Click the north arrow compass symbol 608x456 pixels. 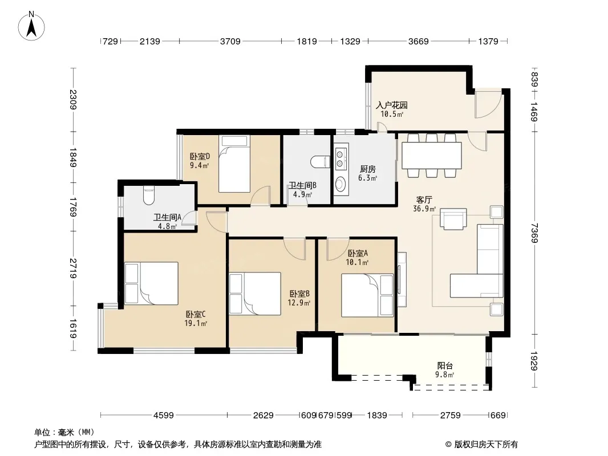(x=31, y=26)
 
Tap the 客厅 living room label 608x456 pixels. (x=424, y=200)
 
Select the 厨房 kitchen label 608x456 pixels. (x=367, y=169)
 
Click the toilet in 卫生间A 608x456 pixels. (x=148, y=196)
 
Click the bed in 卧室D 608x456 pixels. (x=234, y=164)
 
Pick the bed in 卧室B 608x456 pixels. (x=255, y=294)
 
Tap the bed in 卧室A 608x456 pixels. (x=367, y=295)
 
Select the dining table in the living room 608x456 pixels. (x=432, y=156)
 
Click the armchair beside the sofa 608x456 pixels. (x=453, y=219)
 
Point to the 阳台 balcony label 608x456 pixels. (x=445, y=366)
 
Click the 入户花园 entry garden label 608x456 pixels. (x=392, y=105)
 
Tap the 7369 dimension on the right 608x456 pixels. (x=534, y=233)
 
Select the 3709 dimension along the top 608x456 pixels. (x=230, y=41)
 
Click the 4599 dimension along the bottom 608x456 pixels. (x=164, y=416)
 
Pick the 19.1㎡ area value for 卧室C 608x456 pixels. (x=196, y=323)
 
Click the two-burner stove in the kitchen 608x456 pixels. (x=341, y=157)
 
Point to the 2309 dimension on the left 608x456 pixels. (x=72, y=100)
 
